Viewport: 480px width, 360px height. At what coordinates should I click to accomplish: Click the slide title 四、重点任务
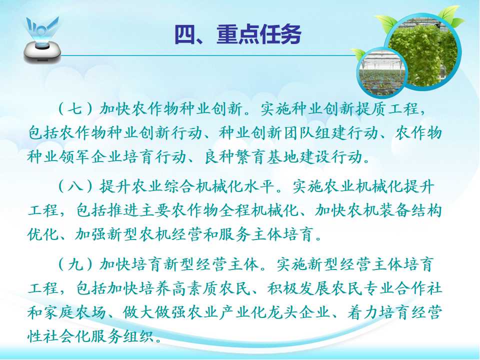[238, 34]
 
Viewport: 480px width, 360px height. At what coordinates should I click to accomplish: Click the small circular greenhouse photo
[381, 73]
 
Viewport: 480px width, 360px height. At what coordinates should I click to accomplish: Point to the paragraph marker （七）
[75, 109]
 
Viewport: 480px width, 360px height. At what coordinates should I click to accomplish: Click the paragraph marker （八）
[75, 186]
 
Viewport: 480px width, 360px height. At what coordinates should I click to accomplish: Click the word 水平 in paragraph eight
[259, 186]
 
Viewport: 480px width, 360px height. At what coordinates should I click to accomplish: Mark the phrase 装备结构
[410, 211]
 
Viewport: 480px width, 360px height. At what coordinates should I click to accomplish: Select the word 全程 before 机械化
[235, 211]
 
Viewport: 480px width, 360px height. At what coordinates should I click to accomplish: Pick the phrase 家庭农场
[75, 312]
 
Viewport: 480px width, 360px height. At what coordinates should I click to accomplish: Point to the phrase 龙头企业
[299, 312]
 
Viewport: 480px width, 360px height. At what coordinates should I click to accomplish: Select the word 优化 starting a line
[43, 235]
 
